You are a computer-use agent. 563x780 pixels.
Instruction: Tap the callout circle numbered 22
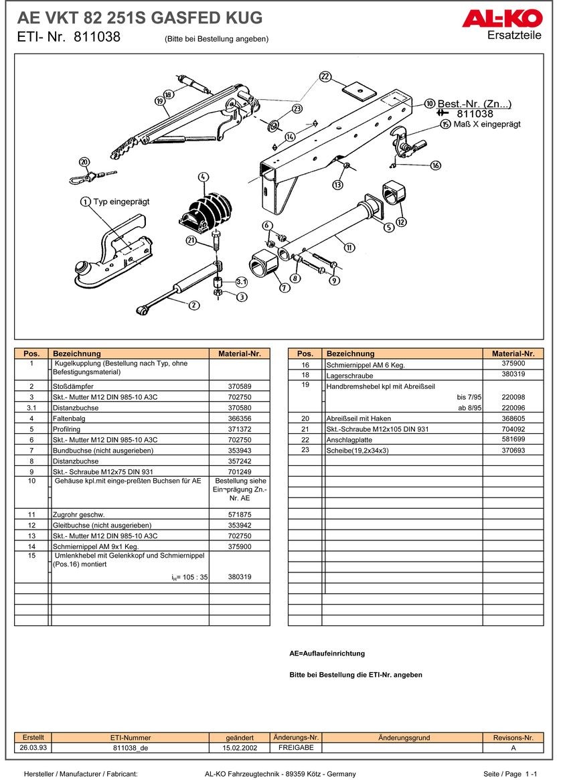325,77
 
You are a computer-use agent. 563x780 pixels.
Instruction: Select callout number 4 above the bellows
204,177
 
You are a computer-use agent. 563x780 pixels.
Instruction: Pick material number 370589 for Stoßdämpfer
239,386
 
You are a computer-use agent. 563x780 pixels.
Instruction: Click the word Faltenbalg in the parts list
71,418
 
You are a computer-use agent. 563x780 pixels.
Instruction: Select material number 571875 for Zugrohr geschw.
239,514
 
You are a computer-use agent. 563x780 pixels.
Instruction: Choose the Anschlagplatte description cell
349,440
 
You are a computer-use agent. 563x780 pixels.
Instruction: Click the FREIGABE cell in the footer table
296,747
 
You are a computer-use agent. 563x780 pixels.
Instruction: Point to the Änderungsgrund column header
404,737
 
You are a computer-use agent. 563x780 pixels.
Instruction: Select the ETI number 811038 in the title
97,37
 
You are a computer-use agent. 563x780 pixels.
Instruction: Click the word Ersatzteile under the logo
514,35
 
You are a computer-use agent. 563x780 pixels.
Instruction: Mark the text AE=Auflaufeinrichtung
327,653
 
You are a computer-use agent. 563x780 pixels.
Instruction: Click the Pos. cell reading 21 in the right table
305,429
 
